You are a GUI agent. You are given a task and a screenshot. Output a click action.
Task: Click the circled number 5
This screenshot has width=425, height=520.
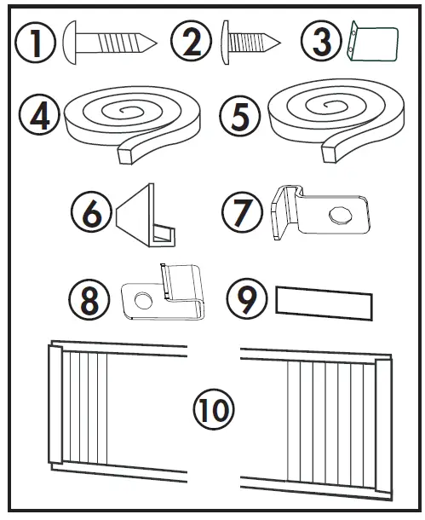click(x=240, y=118)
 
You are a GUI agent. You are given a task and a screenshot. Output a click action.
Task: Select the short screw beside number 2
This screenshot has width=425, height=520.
click(x=250, y=41)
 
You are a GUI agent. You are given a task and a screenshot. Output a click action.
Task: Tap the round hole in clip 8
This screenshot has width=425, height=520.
click(x=141, y=299)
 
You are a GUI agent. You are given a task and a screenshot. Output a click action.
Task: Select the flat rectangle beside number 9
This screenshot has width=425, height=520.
click(x=324, y=303)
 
